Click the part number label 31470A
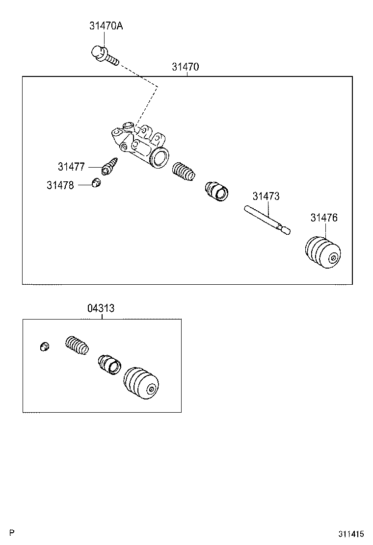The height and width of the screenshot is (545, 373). pos(106,26)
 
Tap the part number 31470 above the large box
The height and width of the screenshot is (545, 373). pos(186,67)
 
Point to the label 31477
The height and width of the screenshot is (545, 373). pos(71,167)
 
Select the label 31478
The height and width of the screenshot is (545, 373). pos(60,185)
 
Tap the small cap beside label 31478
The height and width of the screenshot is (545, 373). pos(97,183)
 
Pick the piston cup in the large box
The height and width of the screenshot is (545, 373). pos(217,191)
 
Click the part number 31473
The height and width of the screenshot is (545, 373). pos(266,196)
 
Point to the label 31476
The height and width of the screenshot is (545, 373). pos(324,218)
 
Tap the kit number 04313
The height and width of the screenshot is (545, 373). pos(101,308)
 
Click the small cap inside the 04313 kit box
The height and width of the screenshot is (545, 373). pos(44,347)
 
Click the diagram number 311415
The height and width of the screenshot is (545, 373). pos(350,533)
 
